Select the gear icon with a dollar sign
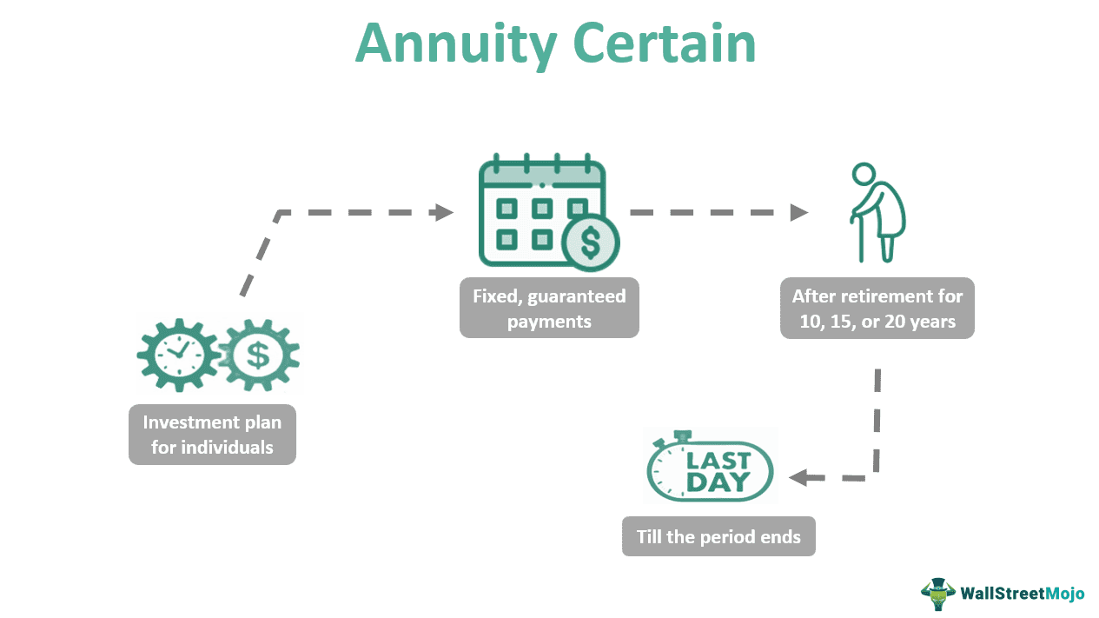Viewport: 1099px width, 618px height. point(258,355)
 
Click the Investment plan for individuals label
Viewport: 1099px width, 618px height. point(212,435)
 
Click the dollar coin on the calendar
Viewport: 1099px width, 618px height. point(590,243)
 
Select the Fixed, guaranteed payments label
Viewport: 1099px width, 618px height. point(549,308)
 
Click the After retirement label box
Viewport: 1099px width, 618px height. point(877,308)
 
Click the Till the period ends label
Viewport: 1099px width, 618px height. point(718,536)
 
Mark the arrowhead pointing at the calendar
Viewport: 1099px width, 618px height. point(445,212)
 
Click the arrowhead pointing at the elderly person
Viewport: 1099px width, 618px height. point(799,212)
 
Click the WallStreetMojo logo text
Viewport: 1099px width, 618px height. point(1022,594)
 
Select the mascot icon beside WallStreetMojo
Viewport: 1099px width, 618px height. point(938,594)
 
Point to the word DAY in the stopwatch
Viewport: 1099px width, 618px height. point(718,482)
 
